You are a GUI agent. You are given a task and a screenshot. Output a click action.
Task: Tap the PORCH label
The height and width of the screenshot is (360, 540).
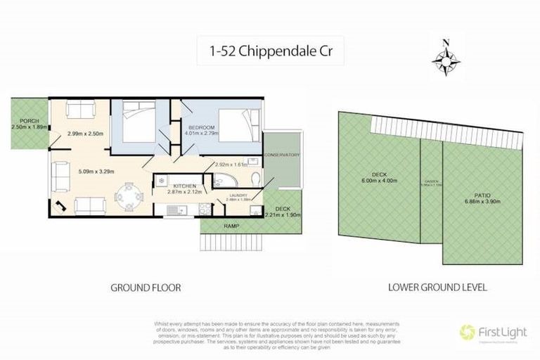pos(21,121)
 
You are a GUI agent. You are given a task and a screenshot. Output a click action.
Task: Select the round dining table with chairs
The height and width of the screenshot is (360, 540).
pos(127,194)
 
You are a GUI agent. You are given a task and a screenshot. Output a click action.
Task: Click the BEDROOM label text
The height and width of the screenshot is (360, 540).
pos(199,127)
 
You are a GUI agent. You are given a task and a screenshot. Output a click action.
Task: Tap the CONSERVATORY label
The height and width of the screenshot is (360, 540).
pos(282,155)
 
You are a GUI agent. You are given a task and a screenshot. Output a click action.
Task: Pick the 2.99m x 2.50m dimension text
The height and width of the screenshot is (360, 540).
pos(85,134)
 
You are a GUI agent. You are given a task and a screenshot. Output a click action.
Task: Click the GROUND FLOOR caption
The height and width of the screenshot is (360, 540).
pos(146,288)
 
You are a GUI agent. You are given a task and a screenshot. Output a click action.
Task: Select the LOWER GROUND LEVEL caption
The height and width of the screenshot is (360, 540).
pos(437,288)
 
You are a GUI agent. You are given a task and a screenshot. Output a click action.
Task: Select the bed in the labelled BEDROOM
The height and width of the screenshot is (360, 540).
pos(232,127)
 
